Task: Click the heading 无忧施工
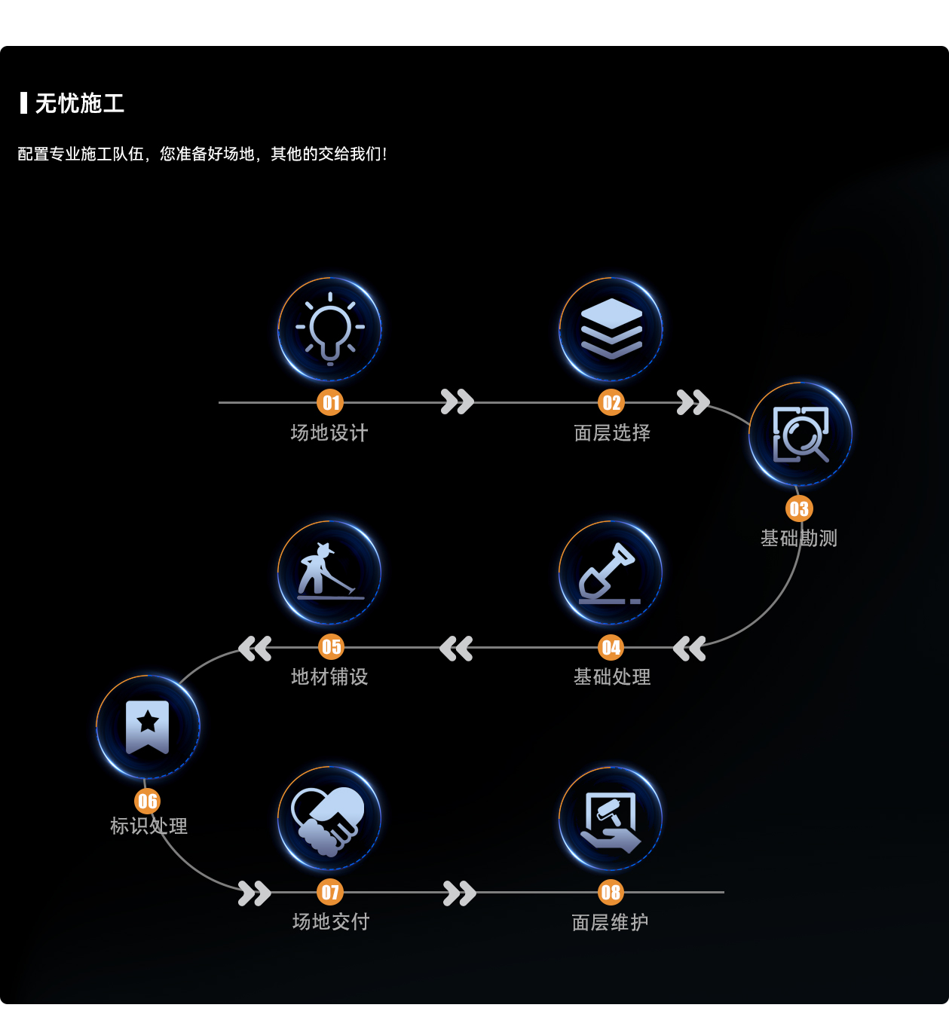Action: point(79,103)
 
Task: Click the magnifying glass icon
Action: point(801,434)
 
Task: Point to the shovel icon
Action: point(610,573)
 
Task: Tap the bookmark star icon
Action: point(148,727)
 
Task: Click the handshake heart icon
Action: point(329,819)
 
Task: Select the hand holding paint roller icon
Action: point(611,819)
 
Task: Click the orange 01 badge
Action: point(330,403)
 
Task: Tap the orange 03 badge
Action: point(799,509)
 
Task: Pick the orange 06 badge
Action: point(148,802)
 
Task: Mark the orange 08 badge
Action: point(611,893)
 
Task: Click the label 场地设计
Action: point(329,433)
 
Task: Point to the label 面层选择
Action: point(611,433)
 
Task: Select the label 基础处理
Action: point(611,677)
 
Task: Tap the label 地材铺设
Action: point(329,677)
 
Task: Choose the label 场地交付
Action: point(330,922)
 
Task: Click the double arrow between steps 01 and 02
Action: point(458,402)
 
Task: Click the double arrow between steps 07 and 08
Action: point(459,893)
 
